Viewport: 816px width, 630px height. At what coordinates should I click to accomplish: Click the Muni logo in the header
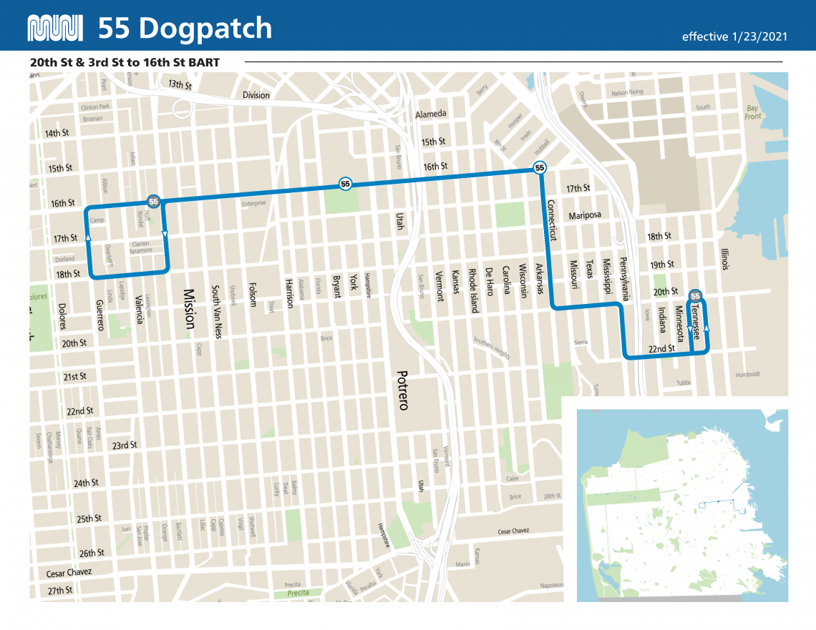pos(54,28)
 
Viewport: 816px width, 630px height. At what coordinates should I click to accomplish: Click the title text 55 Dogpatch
pos(185,28)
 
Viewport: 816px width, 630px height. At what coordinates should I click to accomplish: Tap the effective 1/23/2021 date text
pos(734,36)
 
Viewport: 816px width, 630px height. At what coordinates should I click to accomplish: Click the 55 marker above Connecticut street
pos(540,168)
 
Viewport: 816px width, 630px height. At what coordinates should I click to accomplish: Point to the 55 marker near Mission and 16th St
pos(153,202)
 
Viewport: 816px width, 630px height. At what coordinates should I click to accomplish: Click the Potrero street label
pos(402,390)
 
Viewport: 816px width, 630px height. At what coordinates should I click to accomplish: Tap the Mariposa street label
pos(585,215)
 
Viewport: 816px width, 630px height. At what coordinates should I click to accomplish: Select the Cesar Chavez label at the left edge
pos(69,573)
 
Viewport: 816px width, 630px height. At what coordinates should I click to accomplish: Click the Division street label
pos(256,95)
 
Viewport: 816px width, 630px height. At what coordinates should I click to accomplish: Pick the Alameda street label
pos(431,114)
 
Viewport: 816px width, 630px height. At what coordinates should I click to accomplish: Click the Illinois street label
pos(724,259)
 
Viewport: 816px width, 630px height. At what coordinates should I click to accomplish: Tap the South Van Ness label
pos(215,312)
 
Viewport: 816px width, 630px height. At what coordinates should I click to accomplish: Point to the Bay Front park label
pos(753,112)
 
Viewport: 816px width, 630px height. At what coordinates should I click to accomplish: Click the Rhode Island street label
pos(472,290)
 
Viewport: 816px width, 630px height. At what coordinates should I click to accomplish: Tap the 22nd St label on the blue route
pos(661,349)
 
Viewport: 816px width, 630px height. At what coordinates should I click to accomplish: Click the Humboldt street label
pos(747,375)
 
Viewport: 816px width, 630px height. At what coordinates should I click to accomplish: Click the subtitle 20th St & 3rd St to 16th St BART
pos(125,62)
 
